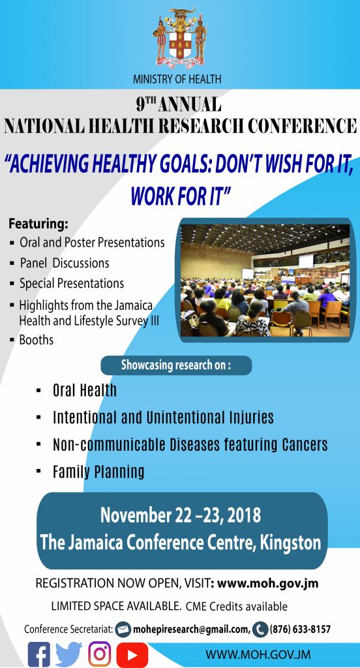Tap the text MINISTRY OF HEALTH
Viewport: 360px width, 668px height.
coord(177,79)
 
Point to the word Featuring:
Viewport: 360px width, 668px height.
coord(38,223)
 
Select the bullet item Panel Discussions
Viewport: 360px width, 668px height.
coord(65,264)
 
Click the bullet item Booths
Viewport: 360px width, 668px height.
coord(37,340)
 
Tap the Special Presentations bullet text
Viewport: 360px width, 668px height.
coord(72,284)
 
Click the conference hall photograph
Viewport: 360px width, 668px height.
coord(265,281)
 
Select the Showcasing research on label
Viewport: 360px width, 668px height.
coord(176,365)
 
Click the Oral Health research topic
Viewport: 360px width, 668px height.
coord(84,391)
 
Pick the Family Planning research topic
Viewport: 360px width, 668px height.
coord(98,472)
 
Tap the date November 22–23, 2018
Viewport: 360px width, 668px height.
coord(180,515)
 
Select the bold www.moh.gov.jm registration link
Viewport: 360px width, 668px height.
coord(267,583)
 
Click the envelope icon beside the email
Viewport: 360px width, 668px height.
coord(123,630)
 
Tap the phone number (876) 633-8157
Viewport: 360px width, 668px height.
coord(300,630)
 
